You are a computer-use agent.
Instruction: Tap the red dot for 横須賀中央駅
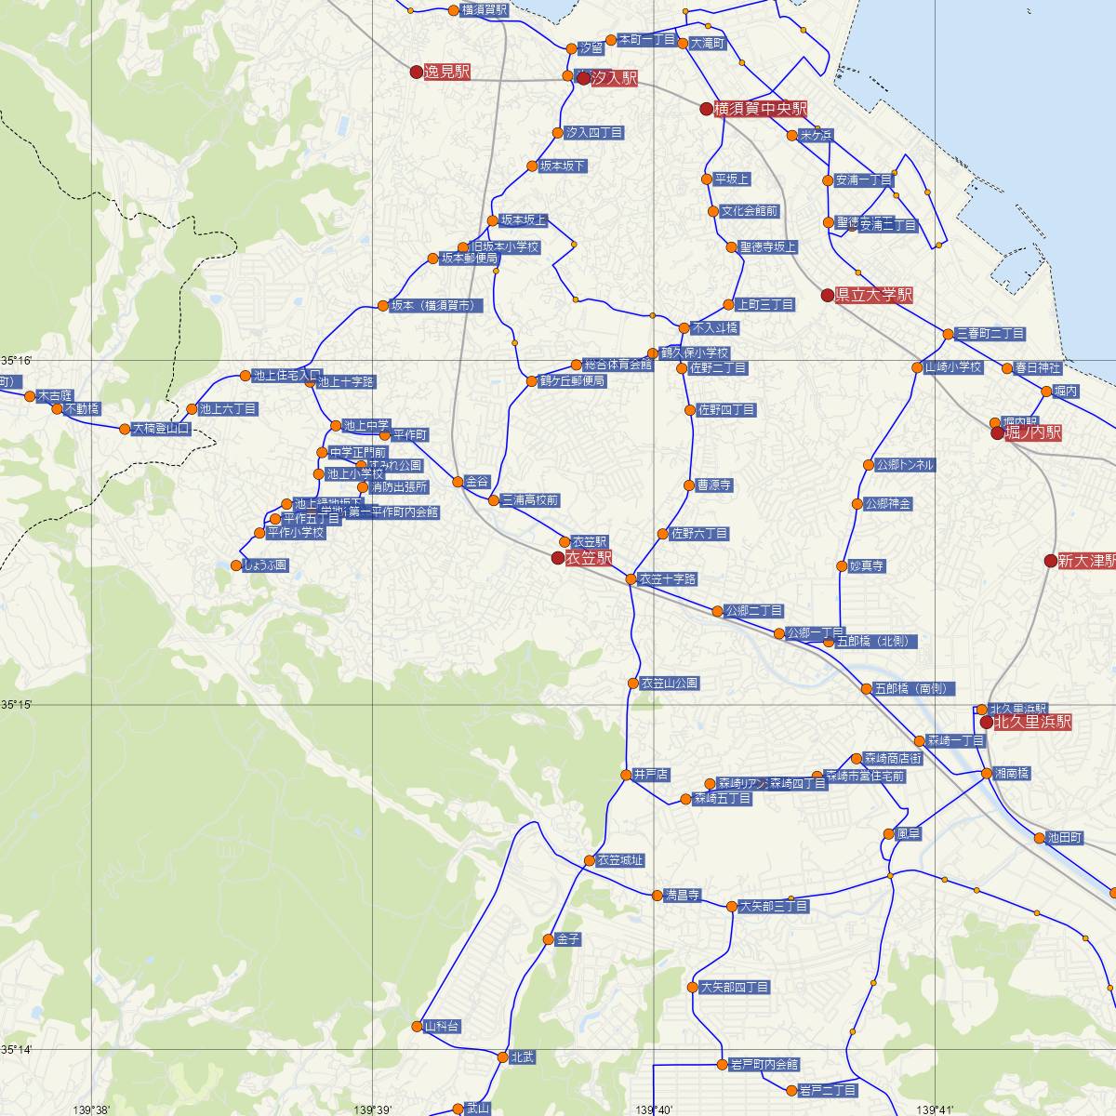[706, 109]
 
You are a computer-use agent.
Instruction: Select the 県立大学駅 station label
[873, 295]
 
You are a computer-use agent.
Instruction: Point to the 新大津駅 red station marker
[1050, 561]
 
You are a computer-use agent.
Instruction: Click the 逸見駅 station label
[448, 72]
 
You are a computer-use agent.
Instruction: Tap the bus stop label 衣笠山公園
[669, 683]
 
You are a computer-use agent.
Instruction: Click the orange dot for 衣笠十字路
[631, 579]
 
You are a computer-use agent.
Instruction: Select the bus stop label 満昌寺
[682, 895]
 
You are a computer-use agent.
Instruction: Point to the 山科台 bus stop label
[442, 1026]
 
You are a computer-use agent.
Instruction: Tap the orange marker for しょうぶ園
[236, 565]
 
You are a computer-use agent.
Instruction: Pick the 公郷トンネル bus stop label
[904, 464]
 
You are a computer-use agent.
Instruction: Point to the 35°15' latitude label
[17, 704]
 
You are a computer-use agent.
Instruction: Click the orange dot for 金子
[549, 939]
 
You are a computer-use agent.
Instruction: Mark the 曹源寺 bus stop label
[714, 485]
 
